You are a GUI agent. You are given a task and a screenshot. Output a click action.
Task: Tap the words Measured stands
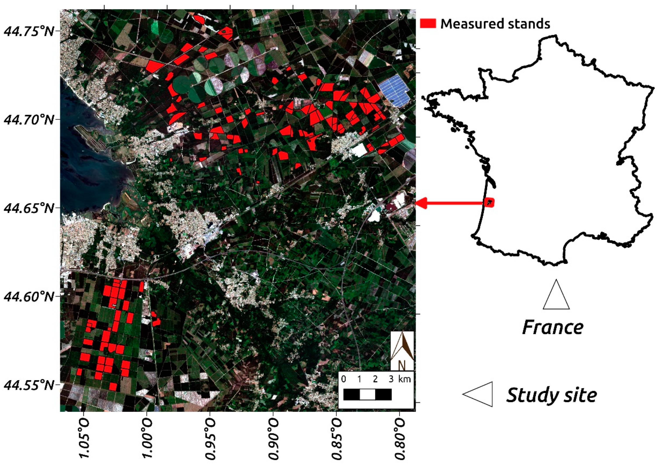pyautogui.click(x=495, y=24)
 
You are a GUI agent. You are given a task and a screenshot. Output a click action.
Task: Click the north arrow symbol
pyautogui.click(x=402, y=350)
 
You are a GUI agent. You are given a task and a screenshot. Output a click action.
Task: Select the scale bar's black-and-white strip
pyautogui.click(x=367, y=394)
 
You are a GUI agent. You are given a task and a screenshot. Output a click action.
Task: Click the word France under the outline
pyautogui.click(x=553, y=327)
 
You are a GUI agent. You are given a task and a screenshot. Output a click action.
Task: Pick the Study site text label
pyautogui.click(x=551, y=395)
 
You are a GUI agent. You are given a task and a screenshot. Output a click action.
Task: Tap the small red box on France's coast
pyautogui.click(x=489, y=202)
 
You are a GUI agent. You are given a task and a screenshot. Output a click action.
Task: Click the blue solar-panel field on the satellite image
pyautogui.click(x=395, y=90)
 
